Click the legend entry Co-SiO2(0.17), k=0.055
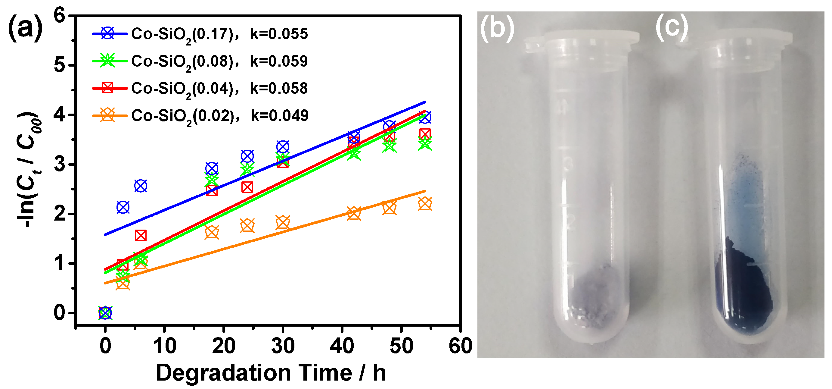click(200, 34)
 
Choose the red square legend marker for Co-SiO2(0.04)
click(107, 88)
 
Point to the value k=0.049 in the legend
click(280, 116)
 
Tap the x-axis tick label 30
click(283, 346)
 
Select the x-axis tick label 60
click(460, 346)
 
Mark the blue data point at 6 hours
click(141, 186)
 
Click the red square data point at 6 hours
click(141, 235)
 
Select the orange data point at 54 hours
click(425, 204)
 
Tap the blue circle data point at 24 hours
click(247, 156)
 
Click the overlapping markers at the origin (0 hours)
click(105, 313)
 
